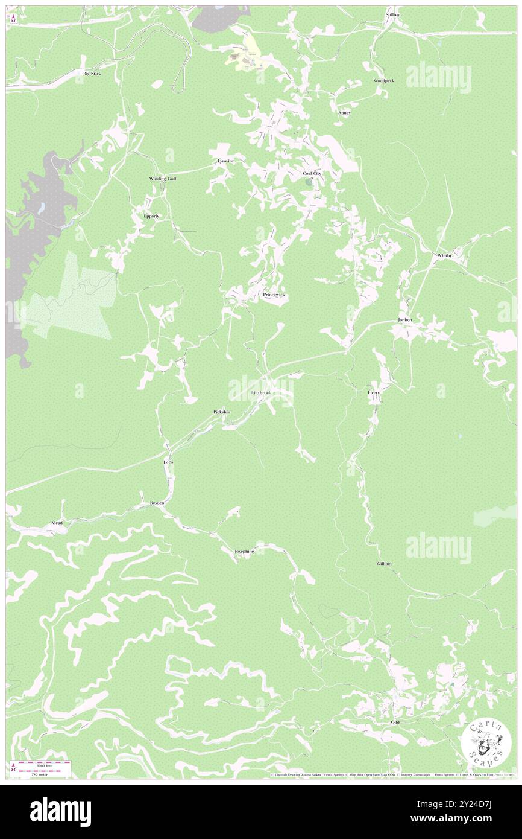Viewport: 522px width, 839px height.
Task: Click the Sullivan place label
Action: [x=394, y=14]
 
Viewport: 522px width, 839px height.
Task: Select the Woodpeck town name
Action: [x=383, y=80]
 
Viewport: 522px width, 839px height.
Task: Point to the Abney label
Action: [x=344, y=113]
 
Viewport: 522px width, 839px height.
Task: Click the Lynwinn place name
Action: [x=225, y=162]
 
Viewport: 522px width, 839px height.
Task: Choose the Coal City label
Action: [x=312, y=173]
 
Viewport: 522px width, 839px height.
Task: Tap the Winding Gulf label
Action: [x=163, y=179]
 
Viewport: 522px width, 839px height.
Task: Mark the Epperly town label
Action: [x=151, y=215]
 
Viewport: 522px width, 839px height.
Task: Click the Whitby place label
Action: [x=444, y=255]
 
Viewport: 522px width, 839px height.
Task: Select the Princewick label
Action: [x=274, y=295]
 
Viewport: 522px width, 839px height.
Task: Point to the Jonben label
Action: [x=404, y=319]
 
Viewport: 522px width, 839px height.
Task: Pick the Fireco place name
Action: [x=375, y=392]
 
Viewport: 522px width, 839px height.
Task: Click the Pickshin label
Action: [x=222, y=412]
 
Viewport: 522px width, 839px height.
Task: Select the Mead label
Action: [x=57, y=522]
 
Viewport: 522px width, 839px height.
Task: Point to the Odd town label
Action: [x=395, y=722]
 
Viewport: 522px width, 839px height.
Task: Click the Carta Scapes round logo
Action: [x=486, y=741]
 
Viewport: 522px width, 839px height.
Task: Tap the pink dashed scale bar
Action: [x=41, y=764]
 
